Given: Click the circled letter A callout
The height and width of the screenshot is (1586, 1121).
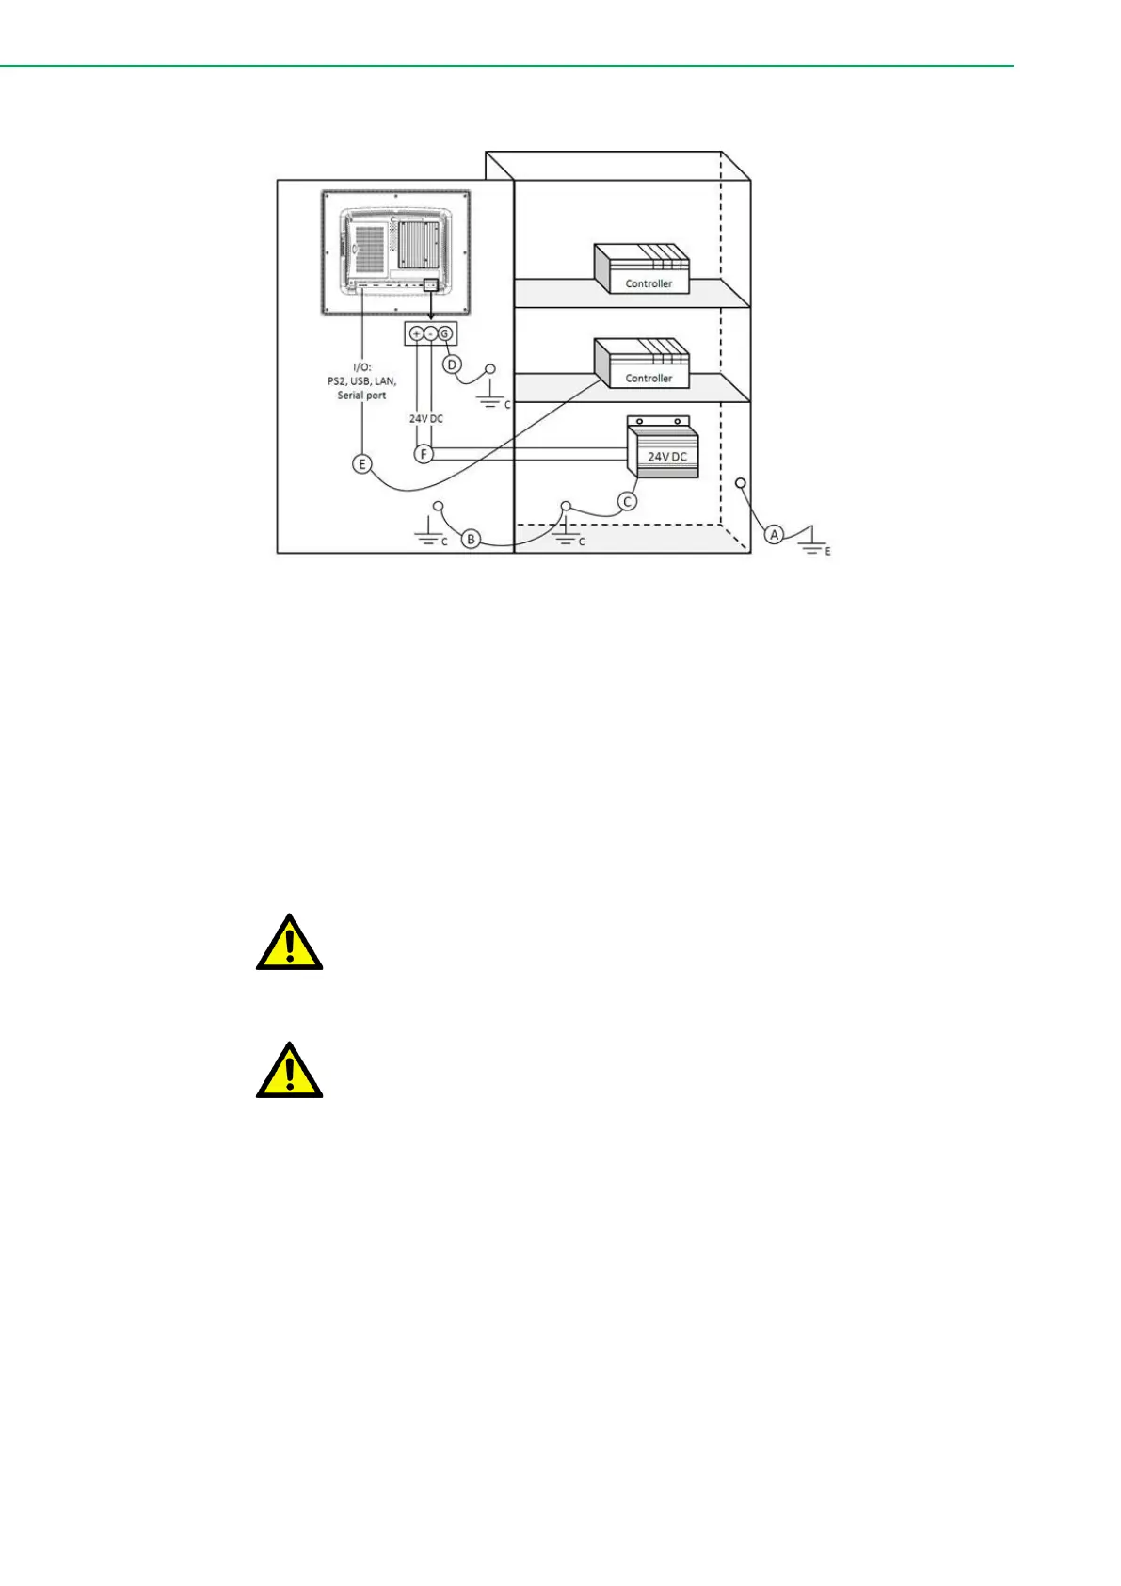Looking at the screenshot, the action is pyautogui.click(x=774, y=534).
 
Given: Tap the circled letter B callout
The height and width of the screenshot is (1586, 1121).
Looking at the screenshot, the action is pyautogui.click(x=472, y=540).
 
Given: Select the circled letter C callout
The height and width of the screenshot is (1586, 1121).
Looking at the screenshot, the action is pyautogui.click(x=628, y=501).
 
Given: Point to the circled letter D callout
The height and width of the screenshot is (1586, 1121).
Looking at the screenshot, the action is pyautogui.click(x=452, y=364).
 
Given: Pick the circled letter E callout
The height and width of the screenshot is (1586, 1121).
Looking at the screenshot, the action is pyautogui.click(x=362, y=463).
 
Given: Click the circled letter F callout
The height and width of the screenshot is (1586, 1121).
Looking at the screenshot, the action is pyautogui.click(x=424, y=454).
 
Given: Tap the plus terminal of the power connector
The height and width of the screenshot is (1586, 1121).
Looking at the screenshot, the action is pyautogui.click(x=416, y=333).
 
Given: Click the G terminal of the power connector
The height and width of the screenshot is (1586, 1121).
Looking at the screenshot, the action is pyautogui.click(x=445, y=333).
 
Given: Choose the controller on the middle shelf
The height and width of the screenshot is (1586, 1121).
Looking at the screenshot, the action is pyautogui.click(x=641, y=364).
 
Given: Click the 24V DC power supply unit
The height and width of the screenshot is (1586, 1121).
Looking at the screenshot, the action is pyautogui.click(x=664, y=452).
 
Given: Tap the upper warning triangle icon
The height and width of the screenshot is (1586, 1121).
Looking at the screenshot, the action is pyautogui.click(x=290, y=943).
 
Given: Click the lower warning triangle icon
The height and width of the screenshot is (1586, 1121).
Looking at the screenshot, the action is pyautogui.click(x=290, y=1072).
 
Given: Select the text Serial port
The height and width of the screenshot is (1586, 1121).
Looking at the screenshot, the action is pyautogui.click(x=362, y=396).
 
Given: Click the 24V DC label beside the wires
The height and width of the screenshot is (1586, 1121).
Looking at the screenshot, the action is pyautogui.click(x=425, y=418).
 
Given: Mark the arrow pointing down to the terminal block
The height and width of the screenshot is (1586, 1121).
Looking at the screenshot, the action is pyautogui.click(x=431, y=305).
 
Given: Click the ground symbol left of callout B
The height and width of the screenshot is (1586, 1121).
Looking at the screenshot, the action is pyautogui.click(x=429, y=540).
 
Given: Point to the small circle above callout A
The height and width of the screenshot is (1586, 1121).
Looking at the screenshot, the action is pyautogui.click(x=741, y=483).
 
